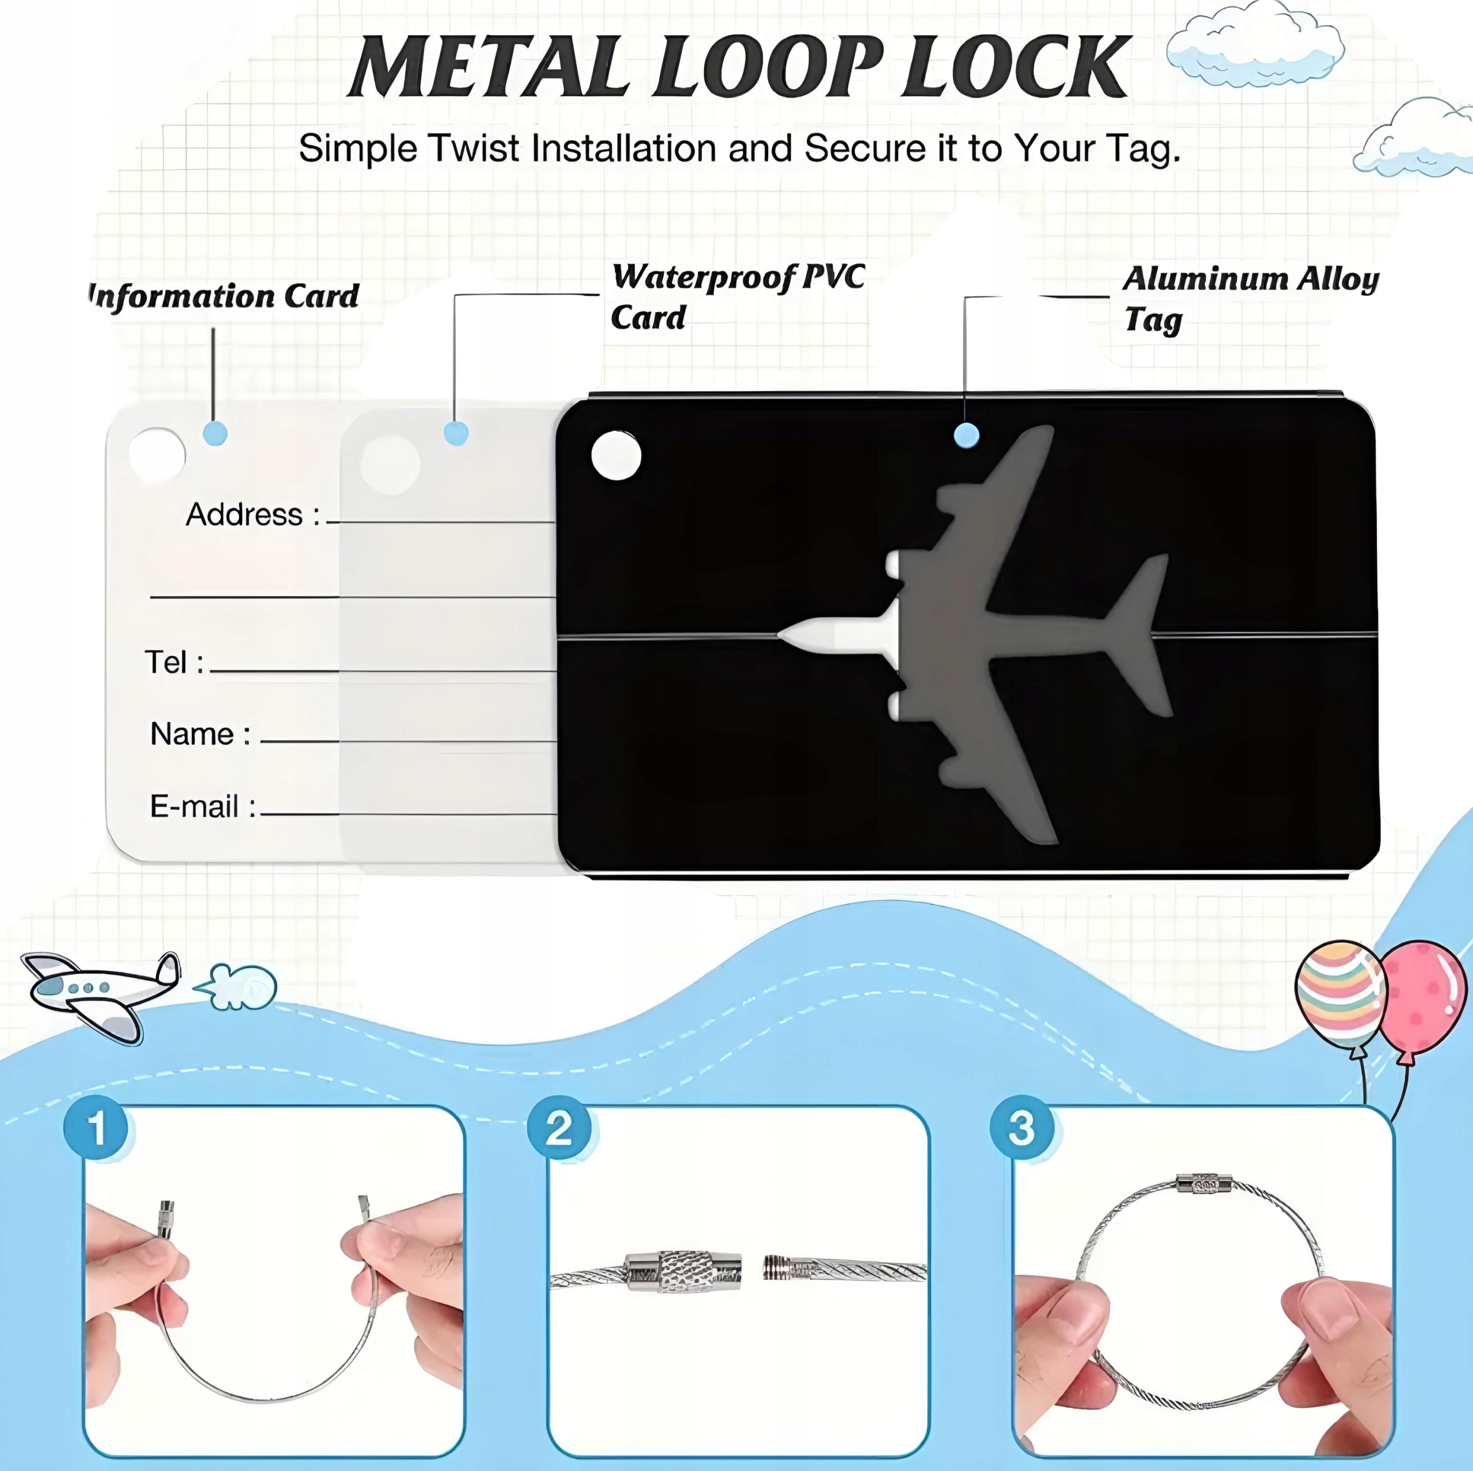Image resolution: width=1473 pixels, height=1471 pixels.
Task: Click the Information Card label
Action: point(223,296)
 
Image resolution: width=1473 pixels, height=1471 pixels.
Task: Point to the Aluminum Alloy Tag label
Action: point(1250,298)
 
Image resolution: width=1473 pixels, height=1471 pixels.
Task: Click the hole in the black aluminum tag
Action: point(616,456)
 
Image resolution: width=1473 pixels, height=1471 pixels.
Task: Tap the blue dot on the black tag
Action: point(966,436)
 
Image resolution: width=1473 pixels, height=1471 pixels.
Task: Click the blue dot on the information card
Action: point(215,434)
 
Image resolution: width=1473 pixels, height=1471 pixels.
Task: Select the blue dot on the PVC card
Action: point(456,434)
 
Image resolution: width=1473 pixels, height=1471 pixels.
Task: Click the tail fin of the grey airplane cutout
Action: point(1144,633)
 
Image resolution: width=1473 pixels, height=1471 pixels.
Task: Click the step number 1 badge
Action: point(97,1127)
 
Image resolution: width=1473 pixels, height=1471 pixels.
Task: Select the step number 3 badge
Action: point(1022,1127)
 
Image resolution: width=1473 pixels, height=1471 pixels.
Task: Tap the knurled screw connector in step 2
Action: point(682,1271)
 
